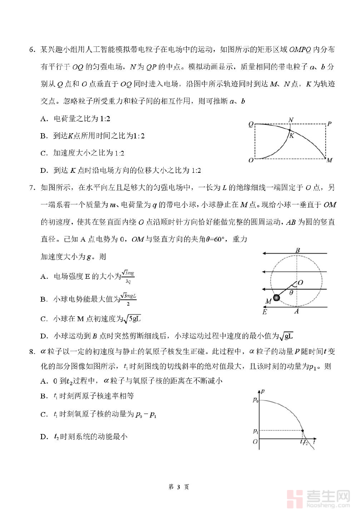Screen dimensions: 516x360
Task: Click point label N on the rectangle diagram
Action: (291, 120)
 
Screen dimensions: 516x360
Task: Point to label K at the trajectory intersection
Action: (292, 136)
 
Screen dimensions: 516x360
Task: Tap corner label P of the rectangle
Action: (329, 124)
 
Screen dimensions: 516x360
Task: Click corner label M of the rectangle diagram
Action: (330, 160)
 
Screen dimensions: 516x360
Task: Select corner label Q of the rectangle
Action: (251, 124)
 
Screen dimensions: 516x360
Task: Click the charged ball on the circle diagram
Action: (276, 297)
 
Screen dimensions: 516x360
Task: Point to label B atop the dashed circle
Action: (298, 250)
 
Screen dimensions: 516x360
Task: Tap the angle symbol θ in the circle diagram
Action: (292, 293)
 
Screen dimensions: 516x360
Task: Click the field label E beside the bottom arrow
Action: (264, 312)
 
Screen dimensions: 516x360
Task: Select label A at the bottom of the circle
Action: (296, 312)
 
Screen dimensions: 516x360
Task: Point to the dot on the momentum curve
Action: (302, 431)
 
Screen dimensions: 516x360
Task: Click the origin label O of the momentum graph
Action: (255, 442)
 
